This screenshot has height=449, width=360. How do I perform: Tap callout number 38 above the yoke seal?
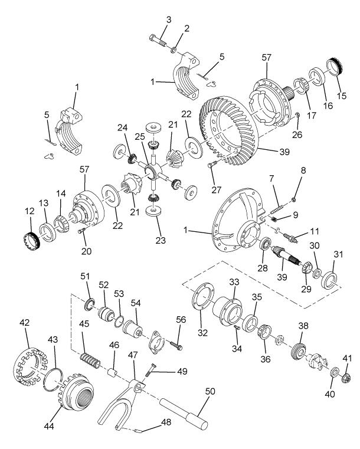pos(303,325)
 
